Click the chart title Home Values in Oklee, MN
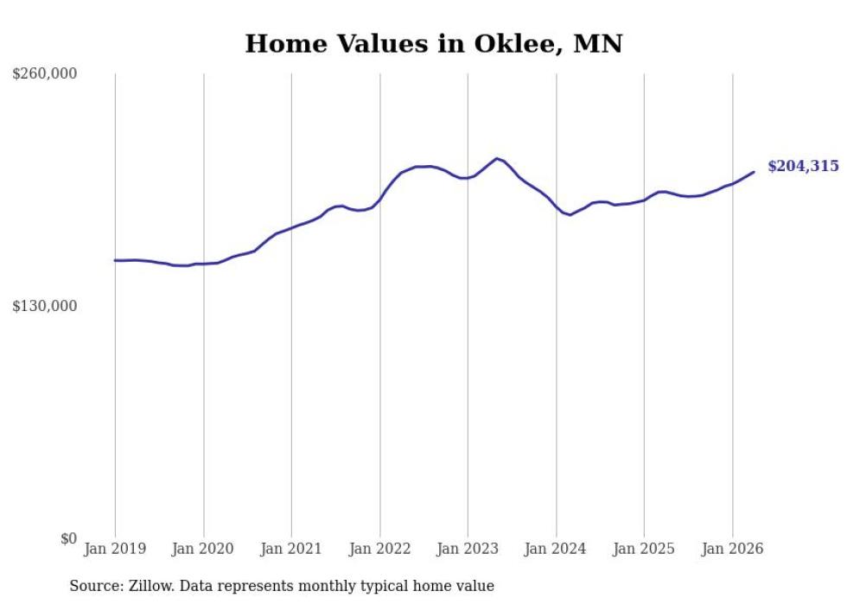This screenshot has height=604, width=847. pyautogui.click(x=434, y=44)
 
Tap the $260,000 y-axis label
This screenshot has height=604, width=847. pyautogui.click(x=45, y=73)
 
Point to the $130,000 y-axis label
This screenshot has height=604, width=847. pyautogui.click(x=45, y=306)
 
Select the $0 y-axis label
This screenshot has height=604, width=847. pyautogui.click(x=68, y=538)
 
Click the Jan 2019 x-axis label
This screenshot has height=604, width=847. pyautogui.click(x=115, y=549)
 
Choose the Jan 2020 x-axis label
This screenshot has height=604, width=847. pyautogui.click(x=202, y=549)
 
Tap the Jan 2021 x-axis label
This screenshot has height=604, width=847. pyautogui.click(x=291, y=549)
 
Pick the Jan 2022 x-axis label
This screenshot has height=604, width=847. pyautogui.click(x=379, y=549)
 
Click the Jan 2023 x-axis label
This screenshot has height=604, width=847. pyautogui.click(x=468, y=549)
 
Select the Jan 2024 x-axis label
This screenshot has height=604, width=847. pyautogui.click(x=555, y=549)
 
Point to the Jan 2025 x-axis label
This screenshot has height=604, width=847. pyautogui.click(x=644, y=549)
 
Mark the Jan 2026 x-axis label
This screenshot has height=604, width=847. pyautogui.click(x=733, y=549)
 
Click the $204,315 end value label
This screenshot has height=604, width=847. pyautogui.click(x=803, y=167)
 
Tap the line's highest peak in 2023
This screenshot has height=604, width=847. pyautogui.click(x=497, y=158)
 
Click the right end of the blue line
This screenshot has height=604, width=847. pyautogui.click(x=754, y=172)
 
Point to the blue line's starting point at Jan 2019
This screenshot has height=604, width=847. pyautogui.click(x=115, y=260)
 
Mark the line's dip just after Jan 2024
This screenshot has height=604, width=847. pyautogui.click(x=570, y=215)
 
